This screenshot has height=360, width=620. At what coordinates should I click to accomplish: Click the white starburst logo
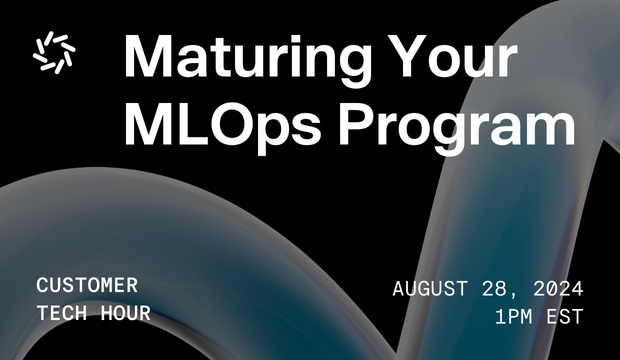click(53, 53)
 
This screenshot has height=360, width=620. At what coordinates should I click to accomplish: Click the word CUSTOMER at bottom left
click(87, 286)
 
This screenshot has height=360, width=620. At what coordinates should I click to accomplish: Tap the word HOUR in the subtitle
click(125, 314)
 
